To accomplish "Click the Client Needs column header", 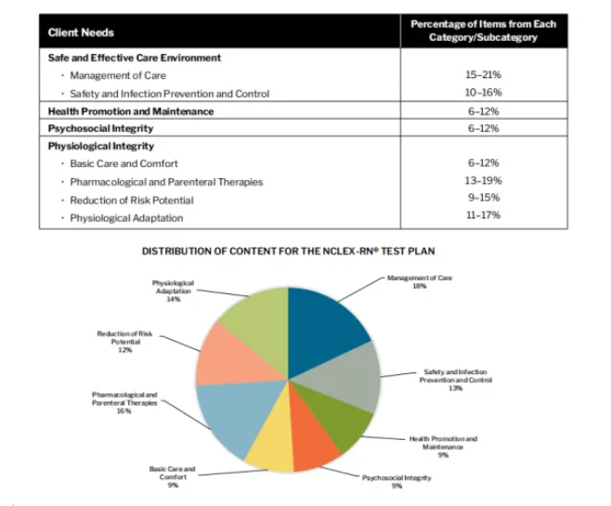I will coord(81,32).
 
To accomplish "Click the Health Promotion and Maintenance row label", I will coord(131,111).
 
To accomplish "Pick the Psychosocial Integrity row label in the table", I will coord(101,129).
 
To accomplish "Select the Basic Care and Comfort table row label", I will coord(124,164).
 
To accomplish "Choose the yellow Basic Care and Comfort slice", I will coord(268,446).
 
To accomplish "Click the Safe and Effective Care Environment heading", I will coord(135,58).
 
